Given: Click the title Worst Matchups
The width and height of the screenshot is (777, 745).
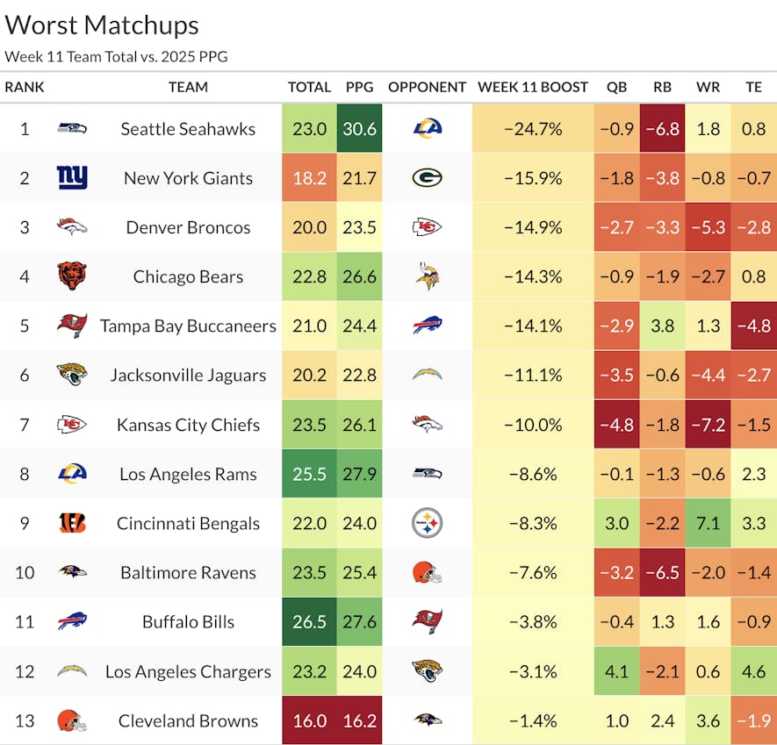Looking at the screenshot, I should [102, 25].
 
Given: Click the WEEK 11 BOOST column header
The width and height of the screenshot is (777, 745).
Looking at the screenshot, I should [533, 87].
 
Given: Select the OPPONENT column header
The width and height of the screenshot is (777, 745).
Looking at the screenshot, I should [427, 87].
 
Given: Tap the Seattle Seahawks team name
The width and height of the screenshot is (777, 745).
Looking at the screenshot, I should [188, 129].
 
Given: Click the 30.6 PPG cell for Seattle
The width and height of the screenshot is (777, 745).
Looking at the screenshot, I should [360, 129].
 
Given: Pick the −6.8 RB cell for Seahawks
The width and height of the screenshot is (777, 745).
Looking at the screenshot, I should [662, 129].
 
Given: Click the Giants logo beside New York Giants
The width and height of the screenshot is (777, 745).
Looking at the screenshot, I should [72, 178].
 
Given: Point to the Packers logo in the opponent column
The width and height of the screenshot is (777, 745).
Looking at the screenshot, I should [427, 178].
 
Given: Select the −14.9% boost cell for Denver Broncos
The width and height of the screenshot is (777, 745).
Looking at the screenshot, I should [533, 227].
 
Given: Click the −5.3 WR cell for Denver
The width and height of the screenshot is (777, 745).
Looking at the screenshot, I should [708, 227].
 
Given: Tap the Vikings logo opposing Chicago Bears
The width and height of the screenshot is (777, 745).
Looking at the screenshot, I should [427, 276].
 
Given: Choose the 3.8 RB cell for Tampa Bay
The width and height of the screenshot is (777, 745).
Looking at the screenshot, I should [662, 326].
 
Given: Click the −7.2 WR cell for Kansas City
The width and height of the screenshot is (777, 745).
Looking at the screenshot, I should [708, 425].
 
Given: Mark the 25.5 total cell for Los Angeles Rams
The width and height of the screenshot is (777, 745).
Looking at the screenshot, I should [309, 474].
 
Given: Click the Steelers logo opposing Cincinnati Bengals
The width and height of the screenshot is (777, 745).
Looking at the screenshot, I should [427, 523].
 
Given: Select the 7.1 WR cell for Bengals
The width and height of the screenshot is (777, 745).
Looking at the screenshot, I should [708, 523].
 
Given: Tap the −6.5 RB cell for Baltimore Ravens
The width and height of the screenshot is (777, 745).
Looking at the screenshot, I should [662, 572].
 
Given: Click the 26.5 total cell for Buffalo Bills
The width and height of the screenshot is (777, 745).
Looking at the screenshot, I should [309, 621].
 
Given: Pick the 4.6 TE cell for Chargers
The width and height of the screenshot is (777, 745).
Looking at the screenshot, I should [753, 671].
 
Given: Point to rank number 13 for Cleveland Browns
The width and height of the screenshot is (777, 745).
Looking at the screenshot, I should [25, 720].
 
